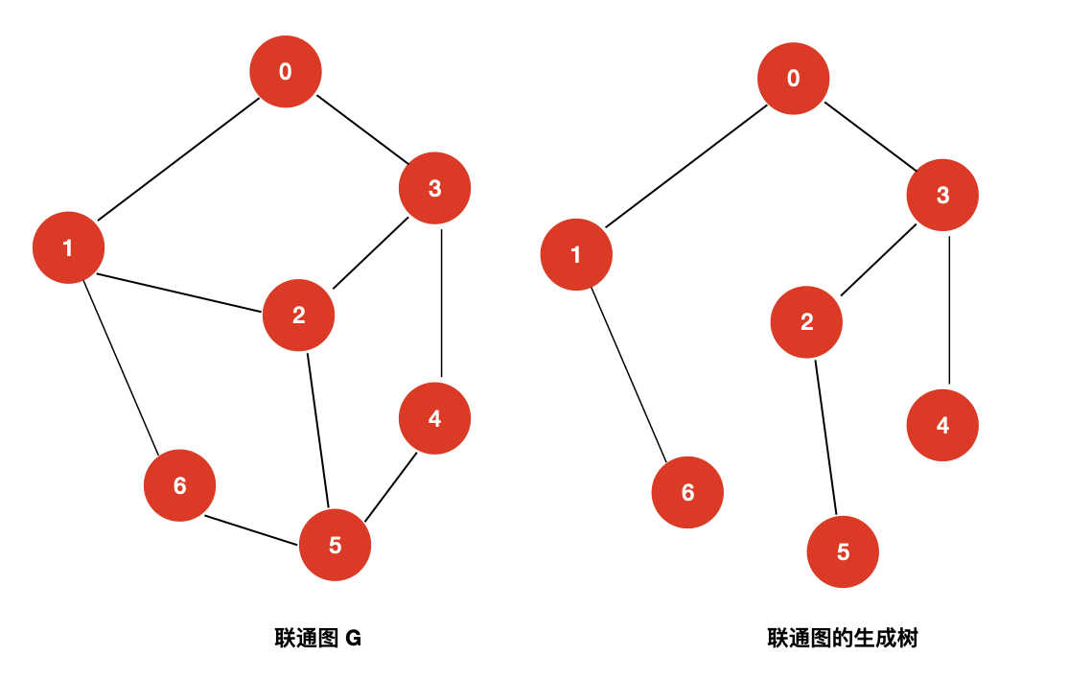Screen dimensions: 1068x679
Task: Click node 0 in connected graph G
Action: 285,71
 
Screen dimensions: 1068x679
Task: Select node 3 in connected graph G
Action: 434,188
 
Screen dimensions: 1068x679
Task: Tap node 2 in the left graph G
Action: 298,316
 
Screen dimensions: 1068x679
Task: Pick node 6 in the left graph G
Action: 179,485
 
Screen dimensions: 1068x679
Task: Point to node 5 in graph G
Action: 335,545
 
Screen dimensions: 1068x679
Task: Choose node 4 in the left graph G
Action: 434,418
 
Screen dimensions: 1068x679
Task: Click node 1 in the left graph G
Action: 68,248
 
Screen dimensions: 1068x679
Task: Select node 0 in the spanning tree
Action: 793,79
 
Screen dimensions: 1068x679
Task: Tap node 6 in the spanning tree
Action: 687,492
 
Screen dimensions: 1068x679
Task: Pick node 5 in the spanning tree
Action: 843,551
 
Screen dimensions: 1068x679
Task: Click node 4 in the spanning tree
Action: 942,425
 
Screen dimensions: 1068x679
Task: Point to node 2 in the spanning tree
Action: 806,322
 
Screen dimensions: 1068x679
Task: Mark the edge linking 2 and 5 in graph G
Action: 317,431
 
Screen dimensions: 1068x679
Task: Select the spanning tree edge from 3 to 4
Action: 949,309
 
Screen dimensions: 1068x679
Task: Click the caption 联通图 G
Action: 317,639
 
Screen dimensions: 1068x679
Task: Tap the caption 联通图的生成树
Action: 843,639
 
